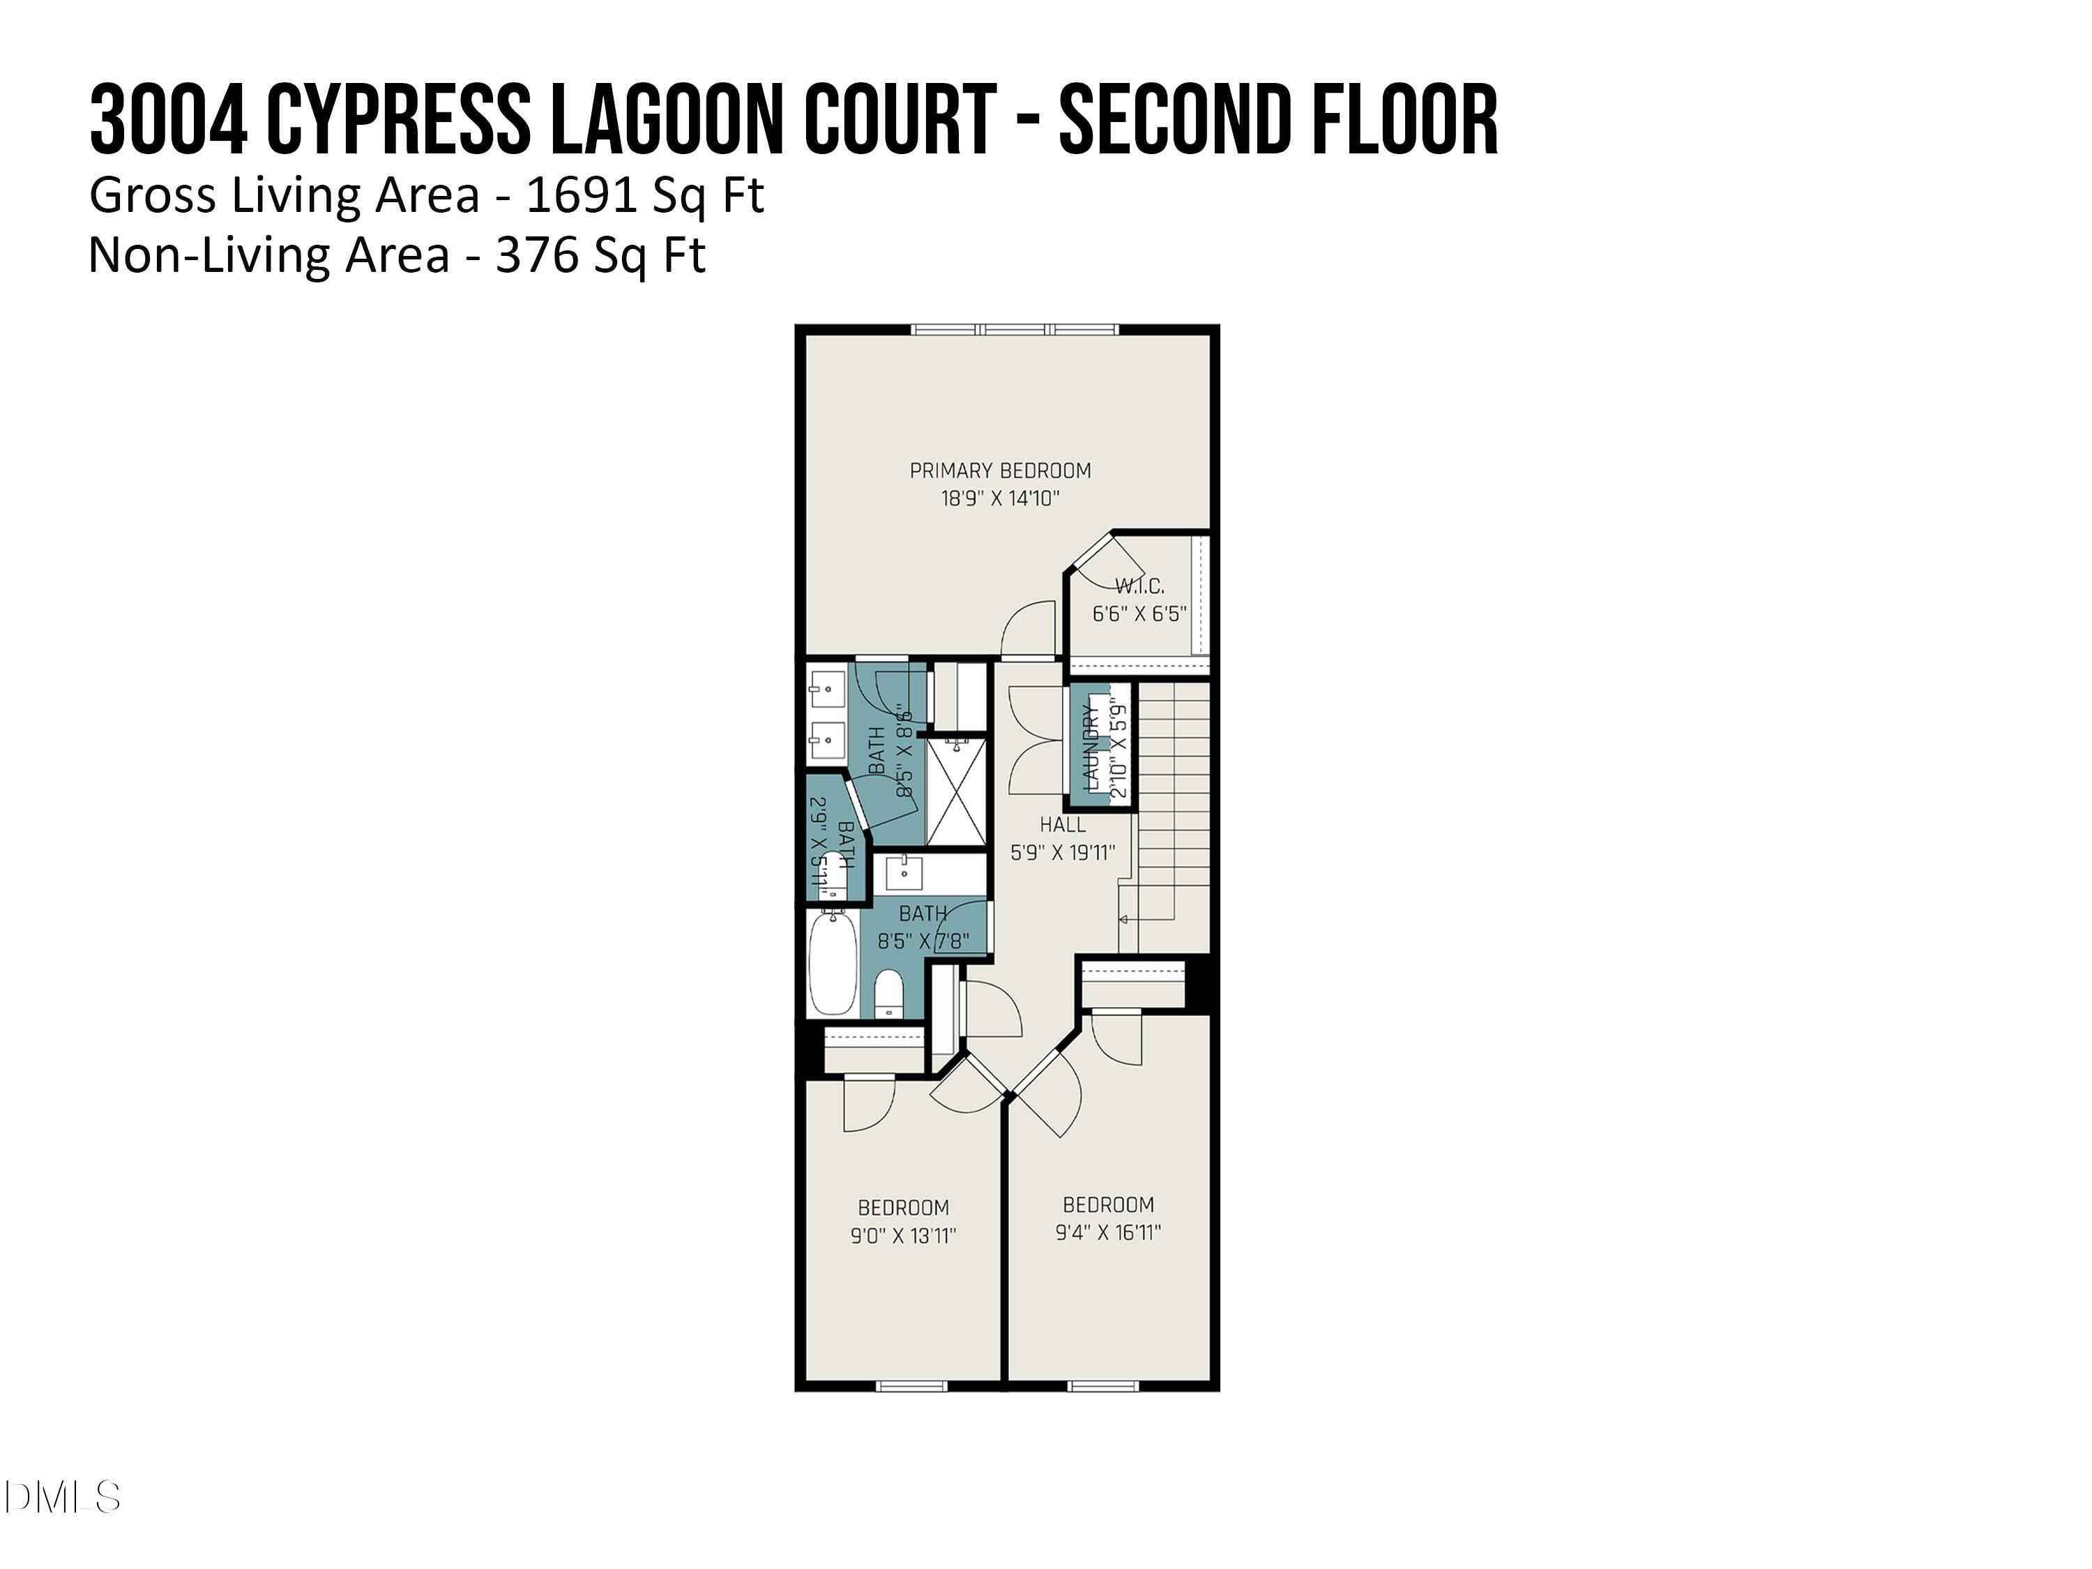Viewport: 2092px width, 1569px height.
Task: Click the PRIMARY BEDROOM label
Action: click(x=1000, y=471)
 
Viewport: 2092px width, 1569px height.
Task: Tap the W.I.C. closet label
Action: click(x=1139, y=586)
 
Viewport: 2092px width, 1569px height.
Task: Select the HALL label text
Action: click(x=1062, y=825)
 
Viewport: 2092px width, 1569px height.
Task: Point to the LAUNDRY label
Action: click(x=1091, y=747)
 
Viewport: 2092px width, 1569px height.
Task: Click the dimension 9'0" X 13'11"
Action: click(x=903, y=1235)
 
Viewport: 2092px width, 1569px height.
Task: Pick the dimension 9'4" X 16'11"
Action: click(x=1107, y=1232)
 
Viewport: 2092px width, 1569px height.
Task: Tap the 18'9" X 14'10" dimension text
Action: click(x=1000, y=499)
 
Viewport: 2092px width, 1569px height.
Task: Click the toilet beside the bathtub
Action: click(x=889, y=994)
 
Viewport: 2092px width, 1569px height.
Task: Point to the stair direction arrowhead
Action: click(x=1123, y=919)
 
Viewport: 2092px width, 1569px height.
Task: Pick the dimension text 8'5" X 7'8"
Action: click(x=923, y=941)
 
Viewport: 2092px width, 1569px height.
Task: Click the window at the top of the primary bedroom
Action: click(x=1015, y=329)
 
